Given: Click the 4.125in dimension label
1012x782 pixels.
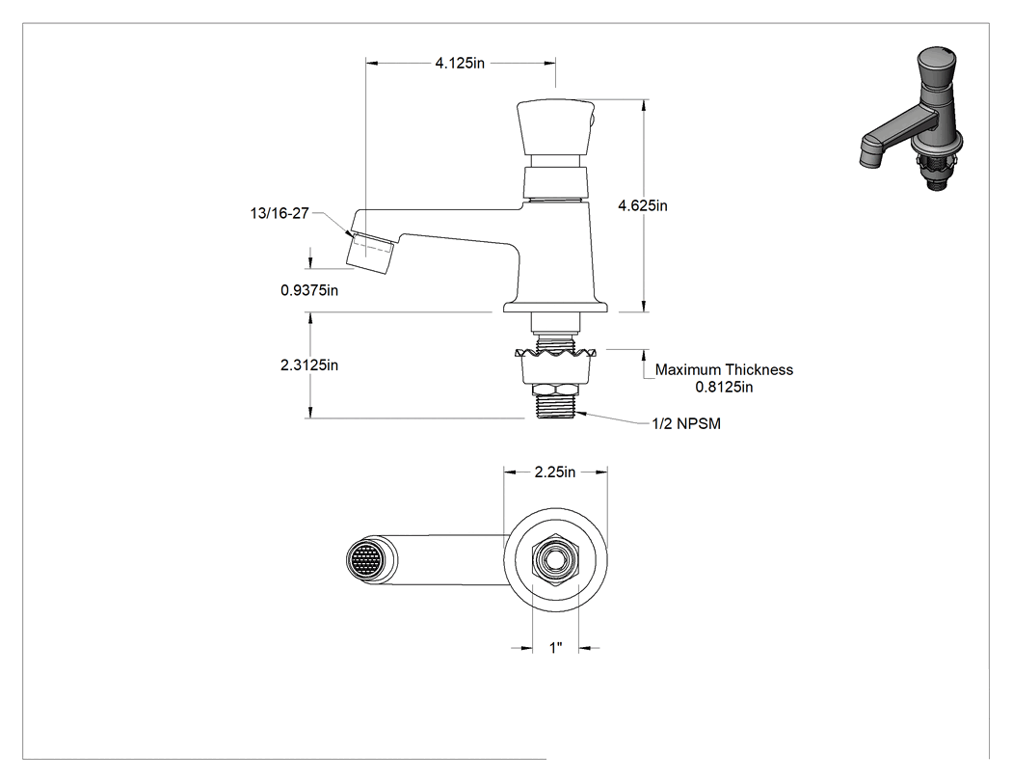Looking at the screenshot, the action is click(460, 64).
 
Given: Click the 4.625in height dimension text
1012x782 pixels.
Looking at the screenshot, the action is click(643, 205).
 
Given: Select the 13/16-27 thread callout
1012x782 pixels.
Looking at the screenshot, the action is click(280, 213).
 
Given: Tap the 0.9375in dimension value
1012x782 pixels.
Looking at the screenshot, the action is click(309, 290).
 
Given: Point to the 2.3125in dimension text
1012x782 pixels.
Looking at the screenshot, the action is click(309, 365).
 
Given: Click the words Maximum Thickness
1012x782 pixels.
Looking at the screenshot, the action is click(724, 370).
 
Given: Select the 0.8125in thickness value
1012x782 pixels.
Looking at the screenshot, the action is click(724, 387).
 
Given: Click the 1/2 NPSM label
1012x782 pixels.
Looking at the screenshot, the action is click(686, 423).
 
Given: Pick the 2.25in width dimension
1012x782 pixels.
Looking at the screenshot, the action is click(555, 472).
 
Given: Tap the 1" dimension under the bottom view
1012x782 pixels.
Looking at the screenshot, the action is click(556, 648).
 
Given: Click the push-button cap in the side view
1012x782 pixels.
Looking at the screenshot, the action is click(556, 127).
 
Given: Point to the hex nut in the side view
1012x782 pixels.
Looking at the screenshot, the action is click(556, 390).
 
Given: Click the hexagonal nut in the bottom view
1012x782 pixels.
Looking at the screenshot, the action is click(556, 560).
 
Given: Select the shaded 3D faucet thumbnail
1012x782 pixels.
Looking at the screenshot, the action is click(912, 119).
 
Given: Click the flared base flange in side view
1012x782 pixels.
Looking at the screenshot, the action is click(556, 306).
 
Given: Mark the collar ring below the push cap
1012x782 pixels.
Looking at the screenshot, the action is click(556, 183).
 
